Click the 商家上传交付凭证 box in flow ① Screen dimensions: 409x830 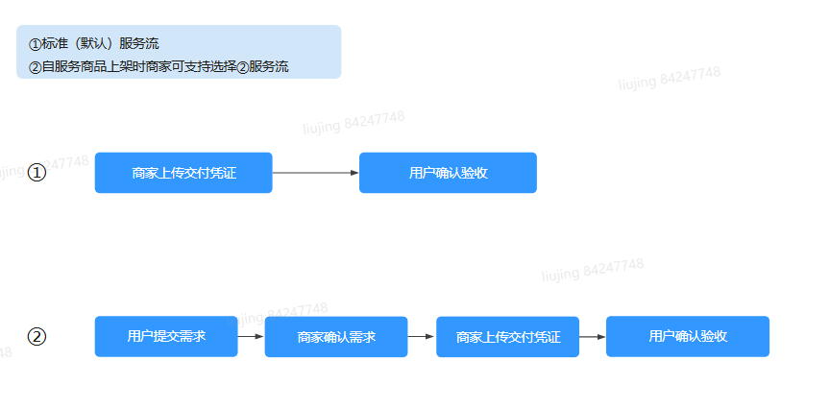coord(183,173)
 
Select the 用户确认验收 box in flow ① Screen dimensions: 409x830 coord(448,173)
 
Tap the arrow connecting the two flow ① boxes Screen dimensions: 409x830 coord(315,173)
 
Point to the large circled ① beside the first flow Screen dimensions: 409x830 coord(37,173)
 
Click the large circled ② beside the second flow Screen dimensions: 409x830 coord(37,337)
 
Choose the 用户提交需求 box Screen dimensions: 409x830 coord(166,336)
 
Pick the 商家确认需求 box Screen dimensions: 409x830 coord(336,337)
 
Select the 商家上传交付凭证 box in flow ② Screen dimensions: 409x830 coord(507,337)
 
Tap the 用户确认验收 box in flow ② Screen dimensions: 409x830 coord(688,336)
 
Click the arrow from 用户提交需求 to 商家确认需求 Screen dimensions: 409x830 coord(251,337)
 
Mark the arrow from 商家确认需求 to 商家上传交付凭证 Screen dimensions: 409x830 coord(422,337)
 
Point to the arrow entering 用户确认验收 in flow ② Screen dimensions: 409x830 coord(592,337)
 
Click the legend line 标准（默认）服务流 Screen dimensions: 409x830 coord(94,44)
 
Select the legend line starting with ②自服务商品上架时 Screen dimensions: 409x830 coord(159,67)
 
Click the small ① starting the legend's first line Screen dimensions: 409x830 coord(35,44)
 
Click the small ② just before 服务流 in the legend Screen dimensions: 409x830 coord(242,67)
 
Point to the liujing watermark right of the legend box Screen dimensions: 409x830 coord(669,77)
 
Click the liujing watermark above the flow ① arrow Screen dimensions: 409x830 coord(354,122)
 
